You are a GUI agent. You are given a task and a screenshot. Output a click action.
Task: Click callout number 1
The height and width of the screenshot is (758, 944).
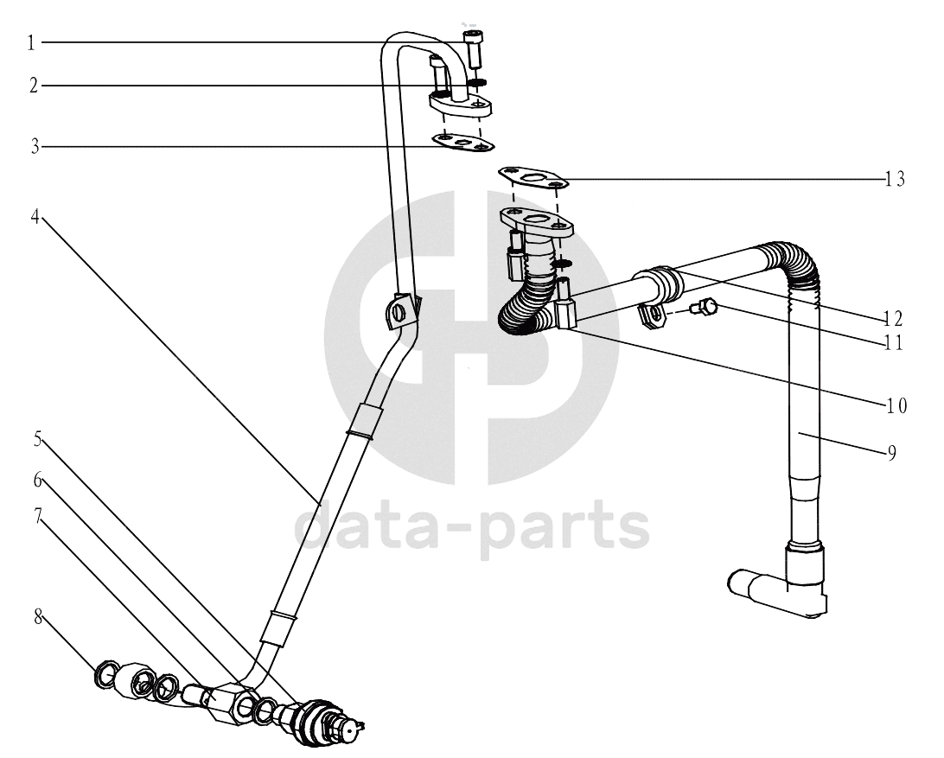click(31, 43)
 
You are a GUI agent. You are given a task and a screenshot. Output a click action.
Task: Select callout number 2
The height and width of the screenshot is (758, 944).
click(33, 86)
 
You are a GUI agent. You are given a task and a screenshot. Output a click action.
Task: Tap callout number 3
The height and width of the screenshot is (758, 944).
click(35, 146)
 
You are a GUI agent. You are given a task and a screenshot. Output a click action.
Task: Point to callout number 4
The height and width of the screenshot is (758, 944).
click(35, 217)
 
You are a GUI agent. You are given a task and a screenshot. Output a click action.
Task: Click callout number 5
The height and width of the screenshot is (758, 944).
click(37, 440)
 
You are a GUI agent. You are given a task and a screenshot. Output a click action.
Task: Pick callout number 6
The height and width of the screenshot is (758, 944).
click(37, 480)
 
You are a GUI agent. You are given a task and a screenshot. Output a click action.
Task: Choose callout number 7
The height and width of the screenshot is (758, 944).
click(37, 516)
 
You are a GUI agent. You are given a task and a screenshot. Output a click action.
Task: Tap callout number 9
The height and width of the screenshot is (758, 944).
click(891, 452)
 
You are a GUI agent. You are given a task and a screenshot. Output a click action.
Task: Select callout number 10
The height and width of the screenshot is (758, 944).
click(896, 406)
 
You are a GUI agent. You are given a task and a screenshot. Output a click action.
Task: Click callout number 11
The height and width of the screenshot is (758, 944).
click(894, 343)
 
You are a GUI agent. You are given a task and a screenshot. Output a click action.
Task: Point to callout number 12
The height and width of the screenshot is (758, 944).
click(894, 318)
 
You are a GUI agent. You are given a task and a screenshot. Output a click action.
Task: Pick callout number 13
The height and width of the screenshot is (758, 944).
click(895, 179)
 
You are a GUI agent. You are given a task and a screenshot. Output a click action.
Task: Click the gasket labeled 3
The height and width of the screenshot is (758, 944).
click(462, 143)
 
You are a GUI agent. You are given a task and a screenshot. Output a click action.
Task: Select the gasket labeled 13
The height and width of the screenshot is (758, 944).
click(533, 177)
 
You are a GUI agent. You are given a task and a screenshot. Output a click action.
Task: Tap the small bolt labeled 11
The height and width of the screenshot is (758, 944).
click(704, 307)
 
